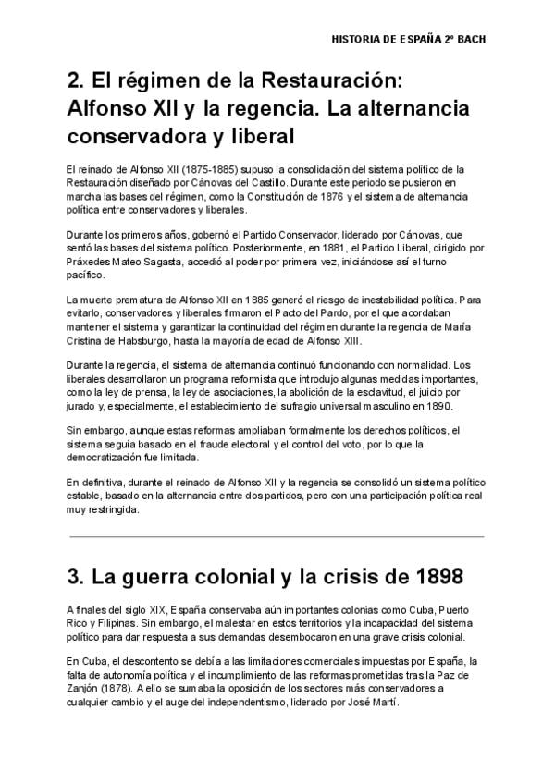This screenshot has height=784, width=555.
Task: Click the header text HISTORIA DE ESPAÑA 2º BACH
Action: [x=408, y=40]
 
